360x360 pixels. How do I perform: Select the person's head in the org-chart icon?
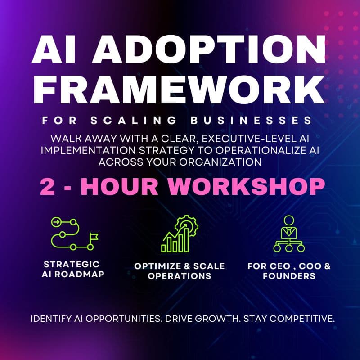click(x=289, y=220)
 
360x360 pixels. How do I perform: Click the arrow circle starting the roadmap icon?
click(x=57, y=221)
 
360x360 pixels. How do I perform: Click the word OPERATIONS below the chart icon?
click(x=180, y=276)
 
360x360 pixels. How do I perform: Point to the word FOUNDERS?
click(x=289, y=276)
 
